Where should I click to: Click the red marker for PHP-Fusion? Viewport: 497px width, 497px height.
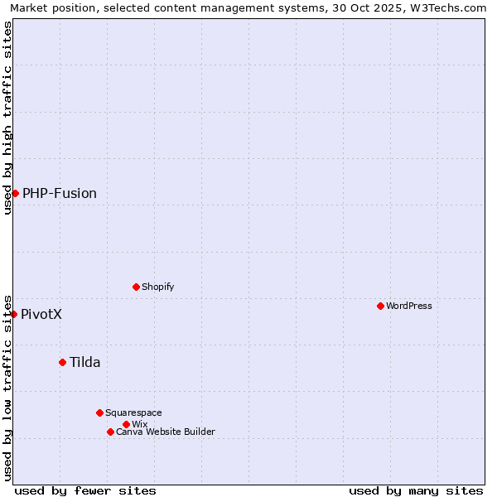click(x=15, y=193)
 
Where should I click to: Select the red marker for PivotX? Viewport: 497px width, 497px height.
click(x=13, y=314)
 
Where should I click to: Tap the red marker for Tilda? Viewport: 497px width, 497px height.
click(x=62, y=362)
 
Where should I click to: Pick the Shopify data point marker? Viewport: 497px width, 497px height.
click(x=136, y=287)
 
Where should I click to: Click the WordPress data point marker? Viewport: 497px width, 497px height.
click(x=380, y=306)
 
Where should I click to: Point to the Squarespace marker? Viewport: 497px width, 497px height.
click(x=99, y=413)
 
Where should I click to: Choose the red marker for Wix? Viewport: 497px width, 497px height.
click(x=126, y=424)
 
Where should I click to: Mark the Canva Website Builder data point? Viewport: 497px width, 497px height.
click(x=110, y=432)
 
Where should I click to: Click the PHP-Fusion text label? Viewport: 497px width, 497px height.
click(x=60, y=194)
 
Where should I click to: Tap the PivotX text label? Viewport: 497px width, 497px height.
click(x=41, y=315)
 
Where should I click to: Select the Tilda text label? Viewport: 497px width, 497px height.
click(x=84, y=362)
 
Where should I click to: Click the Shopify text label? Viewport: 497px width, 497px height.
click(x=157, y=287)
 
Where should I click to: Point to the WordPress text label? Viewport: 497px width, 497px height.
click(x=409, y=306)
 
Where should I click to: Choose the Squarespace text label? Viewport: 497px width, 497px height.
click(x=133, y=413)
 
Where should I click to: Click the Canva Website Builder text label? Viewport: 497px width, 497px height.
click(x=166, y=432)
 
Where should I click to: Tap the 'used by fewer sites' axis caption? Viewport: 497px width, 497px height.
click(x=85, y=490)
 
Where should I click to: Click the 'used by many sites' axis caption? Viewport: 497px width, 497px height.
click(x=416, y=490)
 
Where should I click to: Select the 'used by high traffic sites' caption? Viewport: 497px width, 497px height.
click(x=7, y=118)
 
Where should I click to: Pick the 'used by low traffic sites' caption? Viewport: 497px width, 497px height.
click(x=7, y=387)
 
